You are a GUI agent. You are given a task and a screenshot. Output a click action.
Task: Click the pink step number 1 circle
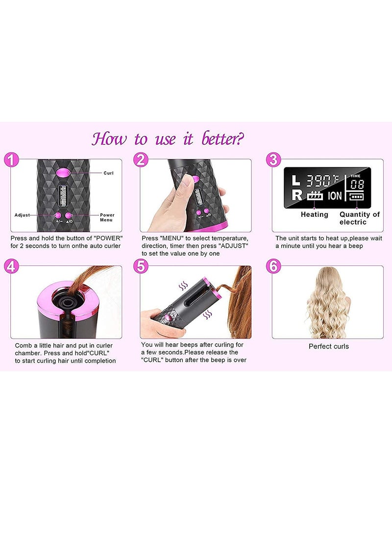pos(11,159)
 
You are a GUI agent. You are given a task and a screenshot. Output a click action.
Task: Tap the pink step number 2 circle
pos(141,160)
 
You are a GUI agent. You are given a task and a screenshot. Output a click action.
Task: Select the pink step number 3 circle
pos(273,160)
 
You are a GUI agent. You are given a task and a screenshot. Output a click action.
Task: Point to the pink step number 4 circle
pos(11,266)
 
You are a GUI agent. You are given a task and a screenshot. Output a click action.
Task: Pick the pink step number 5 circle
pos(141,266)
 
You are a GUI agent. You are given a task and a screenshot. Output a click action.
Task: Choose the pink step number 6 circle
pos(273,266)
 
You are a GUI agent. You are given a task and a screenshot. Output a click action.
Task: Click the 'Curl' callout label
pos(109,173)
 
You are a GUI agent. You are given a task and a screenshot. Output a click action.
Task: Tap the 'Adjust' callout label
pos(22,215)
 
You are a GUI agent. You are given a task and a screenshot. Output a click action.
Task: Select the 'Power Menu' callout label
pos(107,217)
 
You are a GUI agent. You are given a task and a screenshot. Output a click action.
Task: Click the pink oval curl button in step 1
pos(63,172)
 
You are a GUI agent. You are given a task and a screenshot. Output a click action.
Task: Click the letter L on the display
pos(295,180)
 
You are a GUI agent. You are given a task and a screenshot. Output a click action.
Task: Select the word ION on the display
pos(335,196)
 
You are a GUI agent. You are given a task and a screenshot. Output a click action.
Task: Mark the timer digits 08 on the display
pos(357,184)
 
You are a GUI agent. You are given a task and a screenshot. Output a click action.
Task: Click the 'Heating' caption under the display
pos(314,214)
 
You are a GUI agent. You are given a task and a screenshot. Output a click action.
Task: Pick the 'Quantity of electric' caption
pos(359,218)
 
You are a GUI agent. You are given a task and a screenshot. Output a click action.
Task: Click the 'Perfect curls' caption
pos(328,347)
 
